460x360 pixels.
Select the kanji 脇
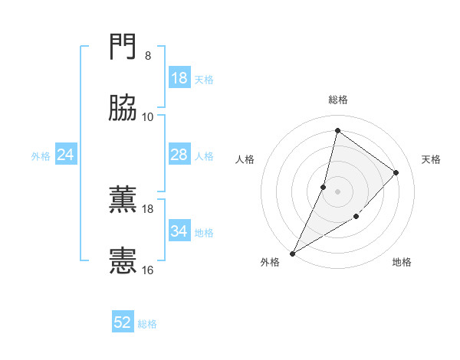(123, 110)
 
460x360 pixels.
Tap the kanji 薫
(123, 200)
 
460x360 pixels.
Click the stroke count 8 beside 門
(148, 55)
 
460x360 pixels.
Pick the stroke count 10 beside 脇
(148, 116)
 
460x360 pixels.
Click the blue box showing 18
(179, 78)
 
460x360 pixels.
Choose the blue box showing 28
(179, 155)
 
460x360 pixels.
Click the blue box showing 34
(179, 231)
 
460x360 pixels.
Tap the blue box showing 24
(66, 155)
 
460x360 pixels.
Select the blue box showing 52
(123, 323)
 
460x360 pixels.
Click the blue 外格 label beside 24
(41, 155)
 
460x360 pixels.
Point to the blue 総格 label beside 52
(147, 324)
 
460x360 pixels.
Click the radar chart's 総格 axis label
(338, 100)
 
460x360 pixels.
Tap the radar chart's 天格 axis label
(431, 159)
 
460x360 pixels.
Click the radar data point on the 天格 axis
(396, 172)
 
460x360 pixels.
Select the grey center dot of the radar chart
(338, 191)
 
